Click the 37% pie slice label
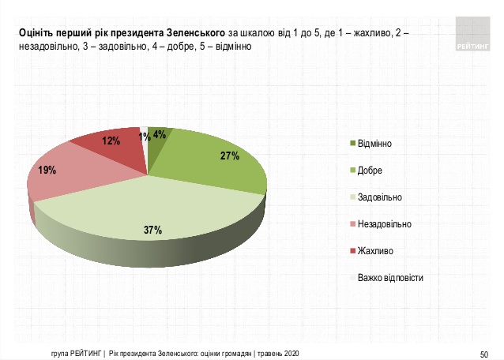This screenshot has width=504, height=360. (x=152, y=231)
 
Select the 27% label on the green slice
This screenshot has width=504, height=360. (x=230, y=156)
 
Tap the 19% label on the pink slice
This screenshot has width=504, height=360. (x=47, y=170)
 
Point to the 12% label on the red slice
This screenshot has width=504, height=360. (x=111, y=141)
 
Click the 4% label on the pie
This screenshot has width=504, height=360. (x=159, y=134)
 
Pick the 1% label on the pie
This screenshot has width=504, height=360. (x=145, y=137)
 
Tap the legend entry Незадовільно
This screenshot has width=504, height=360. (x=384, y=224)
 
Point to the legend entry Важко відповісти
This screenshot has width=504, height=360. (x=390, y=278)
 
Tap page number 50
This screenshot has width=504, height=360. (x=484, y=353)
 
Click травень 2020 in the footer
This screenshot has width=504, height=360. (x=278, y=353)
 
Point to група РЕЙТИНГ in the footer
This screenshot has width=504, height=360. (x=71, y=353)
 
